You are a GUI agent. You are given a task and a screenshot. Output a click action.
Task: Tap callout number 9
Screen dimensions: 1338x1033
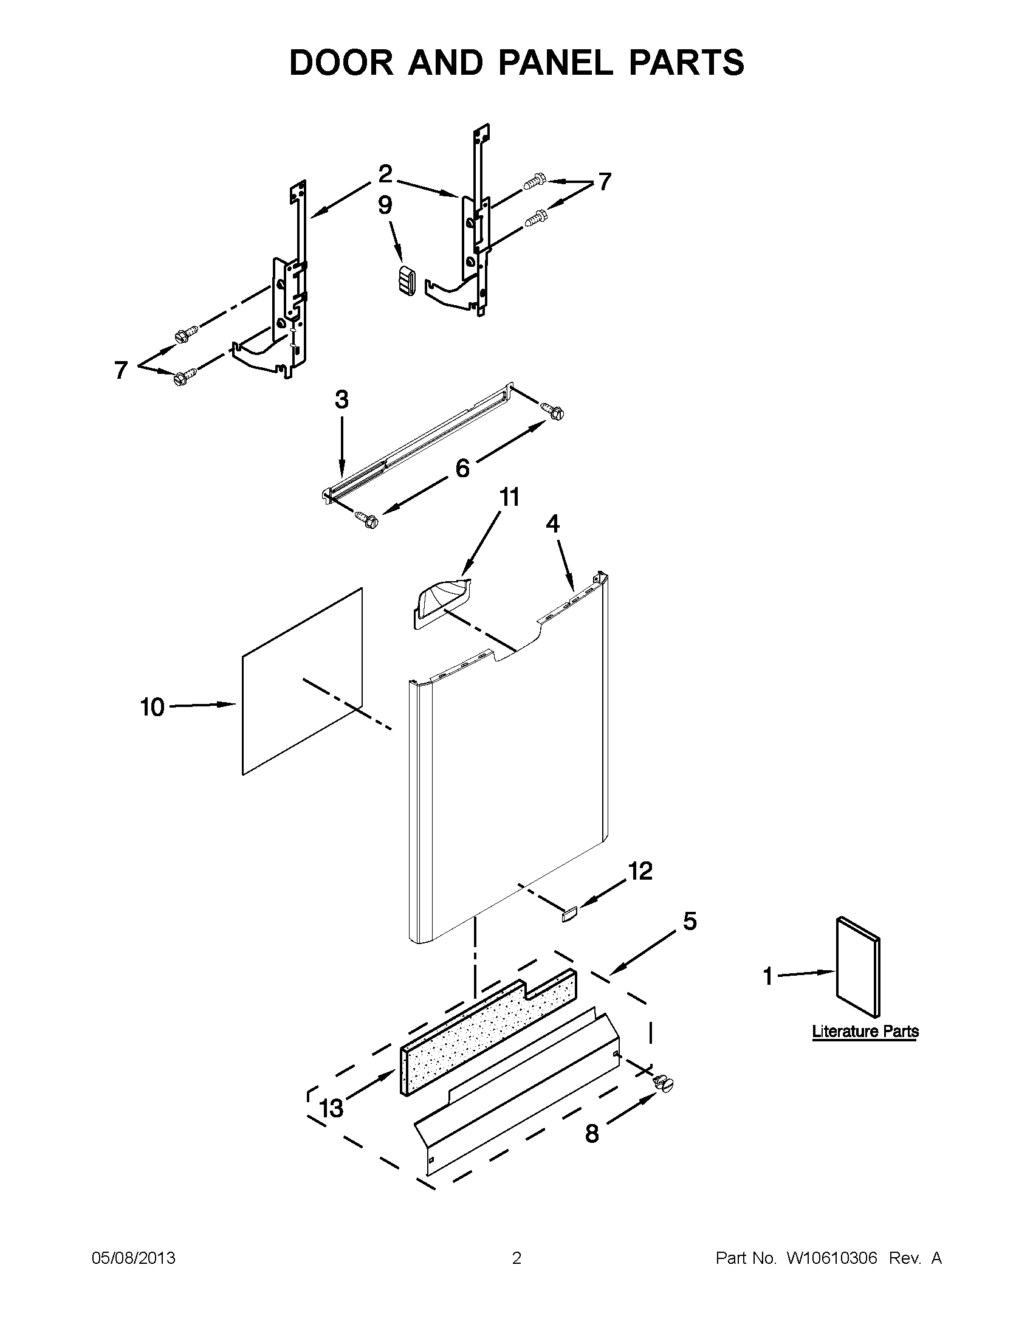[x=385, y=205]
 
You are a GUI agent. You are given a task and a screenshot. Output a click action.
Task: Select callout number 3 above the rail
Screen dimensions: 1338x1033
[x=341, y=400]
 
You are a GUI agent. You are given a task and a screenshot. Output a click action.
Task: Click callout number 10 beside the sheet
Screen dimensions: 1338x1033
[x=153, y=708]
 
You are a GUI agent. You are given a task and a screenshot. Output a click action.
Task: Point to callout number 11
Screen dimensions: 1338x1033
[x=509, y=497]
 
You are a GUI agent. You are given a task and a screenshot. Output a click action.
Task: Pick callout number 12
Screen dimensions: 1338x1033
[x=640, y=871]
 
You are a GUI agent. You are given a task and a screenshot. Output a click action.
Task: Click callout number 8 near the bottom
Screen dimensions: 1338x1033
[x=591, y=1134]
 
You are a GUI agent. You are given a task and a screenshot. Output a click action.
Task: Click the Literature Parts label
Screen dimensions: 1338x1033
[x=865, y=1031]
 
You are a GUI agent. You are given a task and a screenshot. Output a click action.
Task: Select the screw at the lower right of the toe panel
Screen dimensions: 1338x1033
[x=664, y=1084]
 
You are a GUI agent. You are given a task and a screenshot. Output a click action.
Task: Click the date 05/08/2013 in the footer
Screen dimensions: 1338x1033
[x=134, y=1258]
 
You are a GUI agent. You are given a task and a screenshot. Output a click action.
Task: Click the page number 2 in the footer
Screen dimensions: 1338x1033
[x=516, y=1258]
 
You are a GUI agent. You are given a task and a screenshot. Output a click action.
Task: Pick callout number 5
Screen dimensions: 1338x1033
[x=690, y=922]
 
